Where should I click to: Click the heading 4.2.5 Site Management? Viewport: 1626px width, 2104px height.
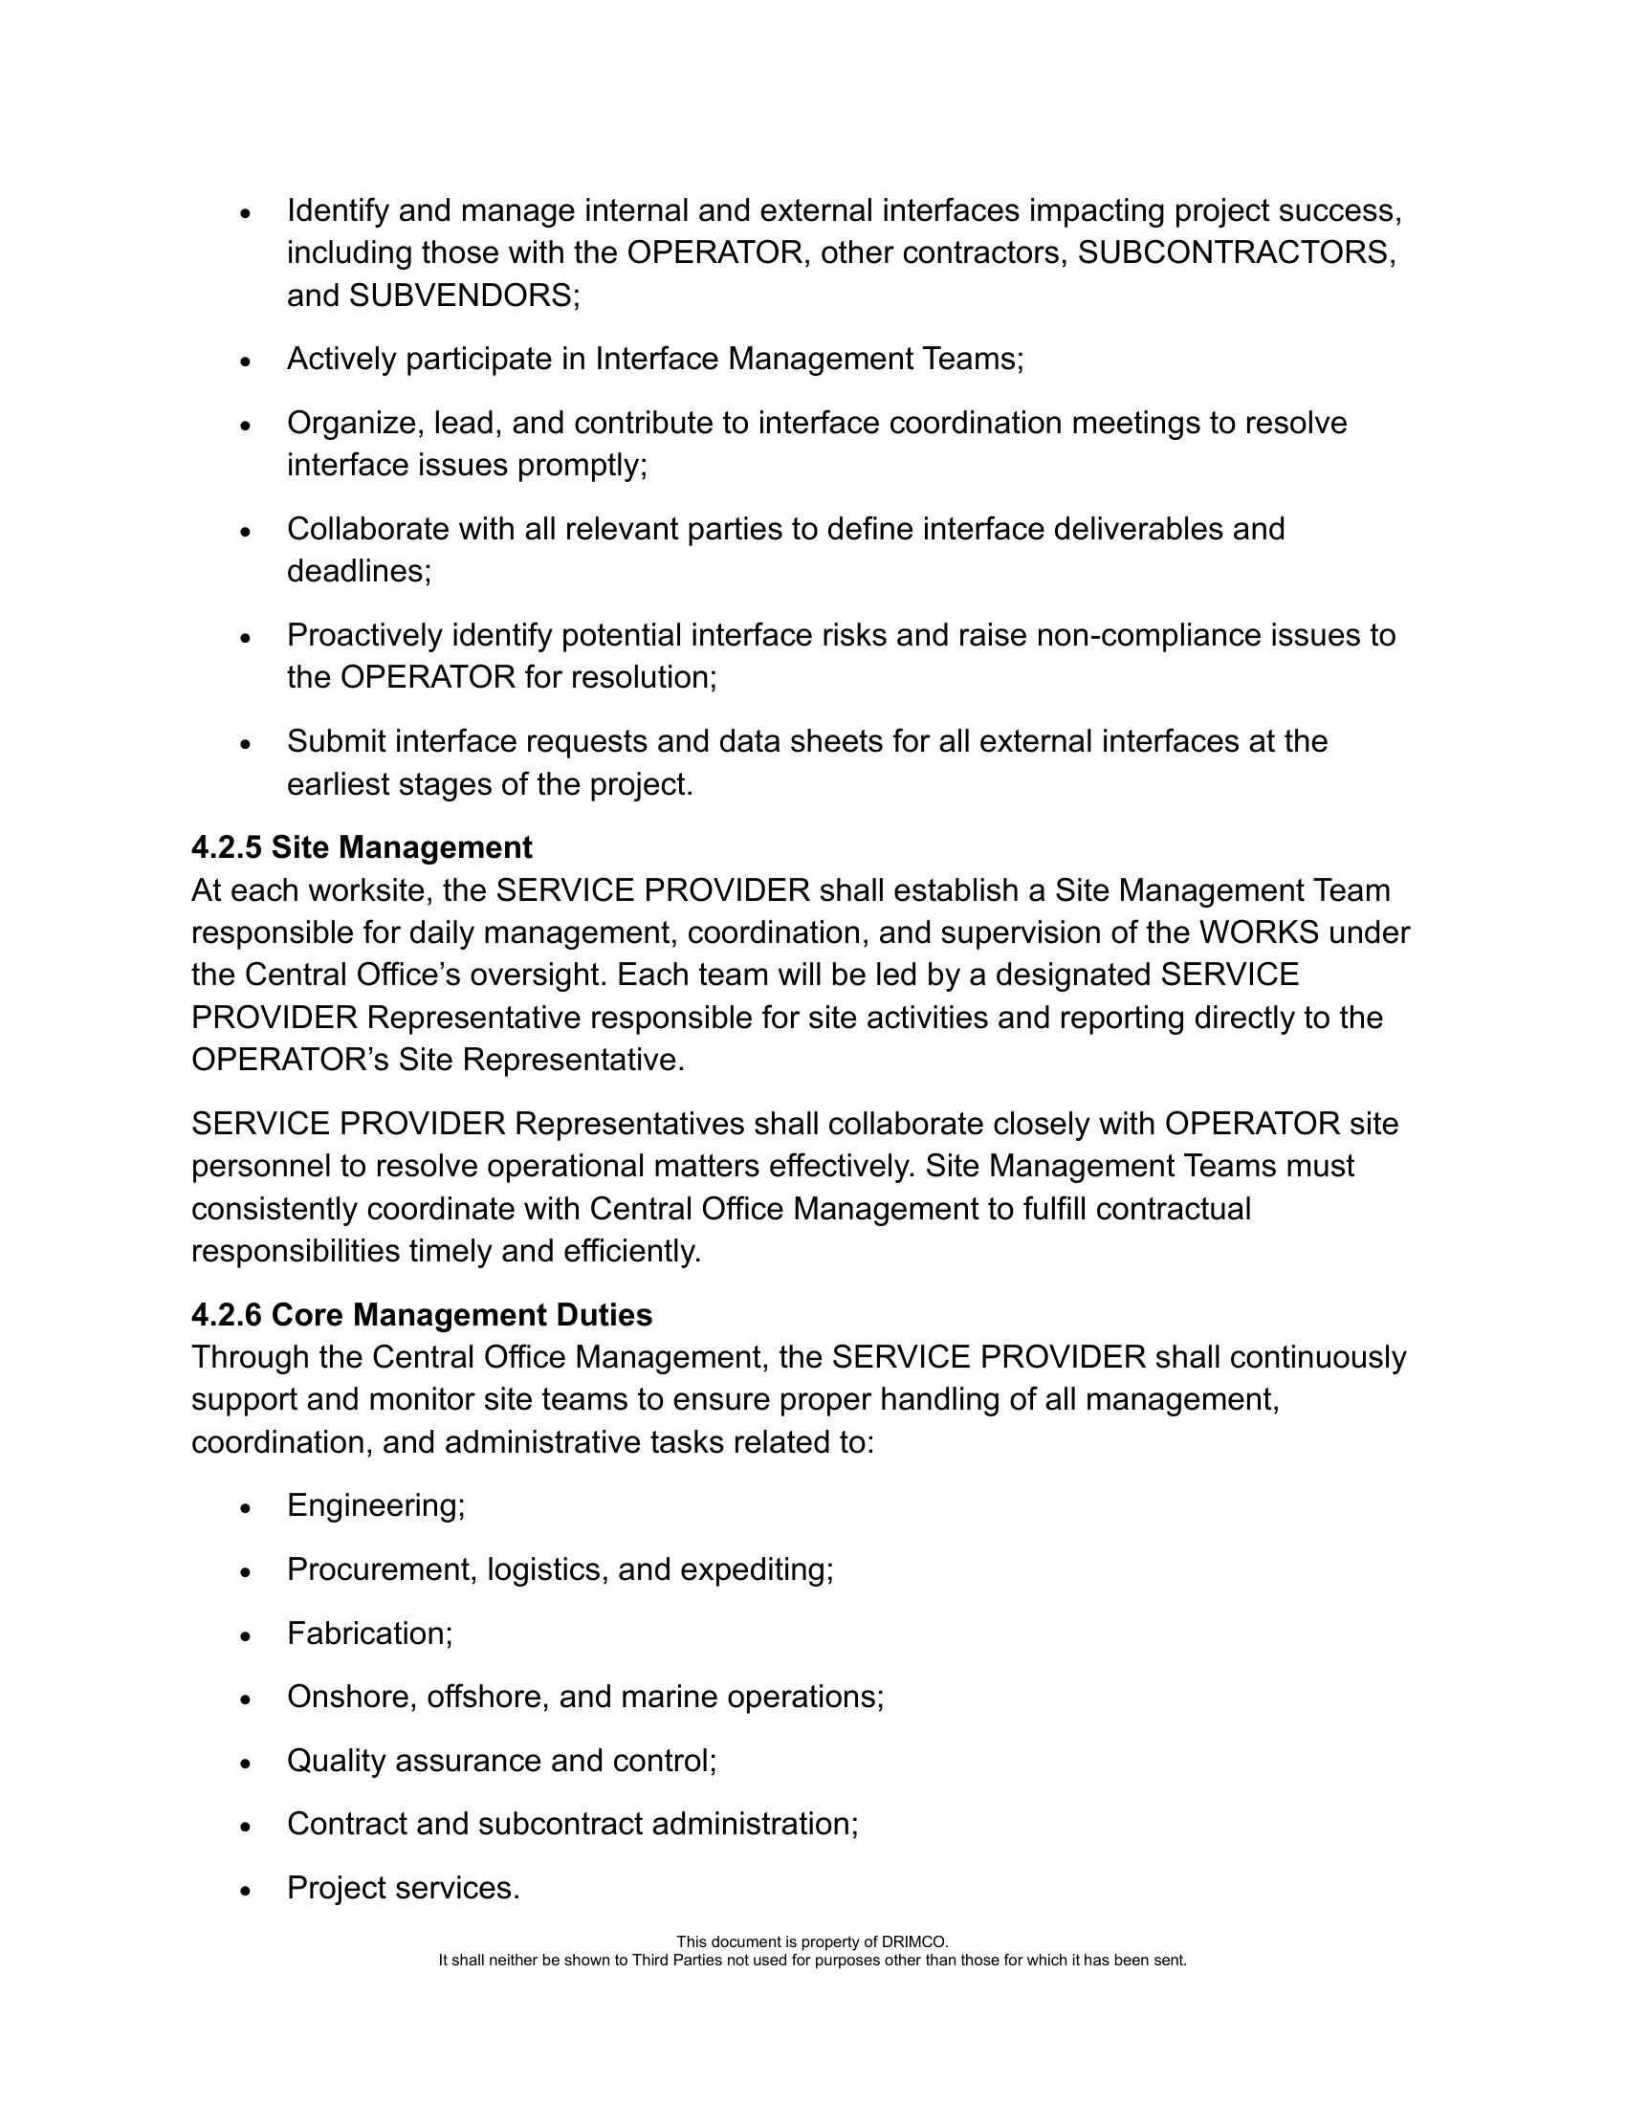click(x=362, y=847)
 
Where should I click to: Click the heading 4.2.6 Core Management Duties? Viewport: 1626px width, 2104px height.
click(x=421, y=1315)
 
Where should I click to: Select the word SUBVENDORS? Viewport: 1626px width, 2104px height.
click(x=460, y=296)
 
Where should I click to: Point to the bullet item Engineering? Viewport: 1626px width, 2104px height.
click(x=376, y=1505)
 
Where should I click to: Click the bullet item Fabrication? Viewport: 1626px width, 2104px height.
click(x=369, y=1633)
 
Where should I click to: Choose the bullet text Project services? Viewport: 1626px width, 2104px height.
click(x=403, y=1887)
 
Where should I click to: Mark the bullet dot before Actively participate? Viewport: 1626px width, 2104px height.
click(x=247, y=362)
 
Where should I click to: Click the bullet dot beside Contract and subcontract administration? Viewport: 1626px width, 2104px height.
click(x=247, y=1826)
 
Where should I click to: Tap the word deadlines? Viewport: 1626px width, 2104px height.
click(x=359, y=572)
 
